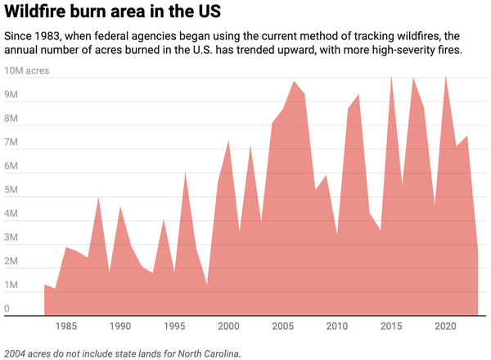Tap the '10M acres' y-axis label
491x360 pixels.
pyautogui.click(x=27, y=71)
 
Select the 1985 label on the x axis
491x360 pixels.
pyautogui.click(x=66, y=326)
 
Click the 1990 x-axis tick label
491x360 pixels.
pyautogui.click(x=120, y=326)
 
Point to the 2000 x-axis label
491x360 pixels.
pyautogui.click(x=228, y=326)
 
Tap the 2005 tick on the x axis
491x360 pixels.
pyautogui.click(x=282, y=326)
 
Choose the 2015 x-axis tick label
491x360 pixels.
pyautogui.click(x=391, y=326)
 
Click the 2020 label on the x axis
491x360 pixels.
pyautogui.click(x=445, y=326)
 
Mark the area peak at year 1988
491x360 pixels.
pyautogui.click(x=98, y=197)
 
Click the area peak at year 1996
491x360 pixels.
pyautogui.click(x=185, y=172)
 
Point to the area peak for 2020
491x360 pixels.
pyautogui.click(x=445, y=76)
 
